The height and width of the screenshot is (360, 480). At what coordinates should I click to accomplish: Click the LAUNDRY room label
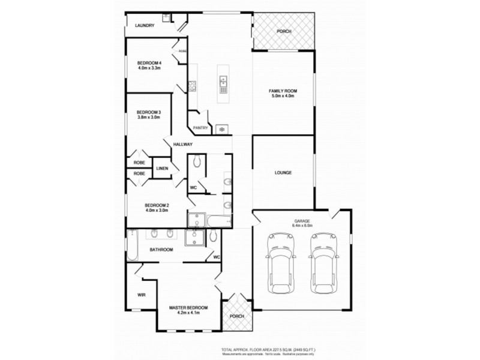coord(145,25)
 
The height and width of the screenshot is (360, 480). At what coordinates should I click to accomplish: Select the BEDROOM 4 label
coord(149,63)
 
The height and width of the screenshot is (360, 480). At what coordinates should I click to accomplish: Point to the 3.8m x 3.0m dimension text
coord(148,118)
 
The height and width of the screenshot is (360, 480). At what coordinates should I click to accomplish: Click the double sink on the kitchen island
coord(223,80)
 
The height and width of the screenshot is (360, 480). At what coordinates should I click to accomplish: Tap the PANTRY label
coord(200,128)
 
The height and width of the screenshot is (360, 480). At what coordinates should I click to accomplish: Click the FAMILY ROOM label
coord(283,91)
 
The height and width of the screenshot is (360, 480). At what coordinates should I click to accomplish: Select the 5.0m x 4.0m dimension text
coord(283,96)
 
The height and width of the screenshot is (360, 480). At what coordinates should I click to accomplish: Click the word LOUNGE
coord(283,173)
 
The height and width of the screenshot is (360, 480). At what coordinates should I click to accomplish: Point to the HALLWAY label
coord(182,145)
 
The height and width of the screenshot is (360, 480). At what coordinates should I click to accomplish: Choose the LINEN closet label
coord(162,168)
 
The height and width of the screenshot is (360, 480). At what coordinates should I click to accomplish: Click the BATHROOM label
coord(161,250)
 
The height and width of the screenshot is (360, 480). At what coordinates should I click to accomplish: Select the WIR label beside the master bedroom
coord(142,295)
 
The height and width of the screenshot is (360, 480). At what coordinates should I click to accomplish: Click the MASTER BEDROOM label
coord(188,308)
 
